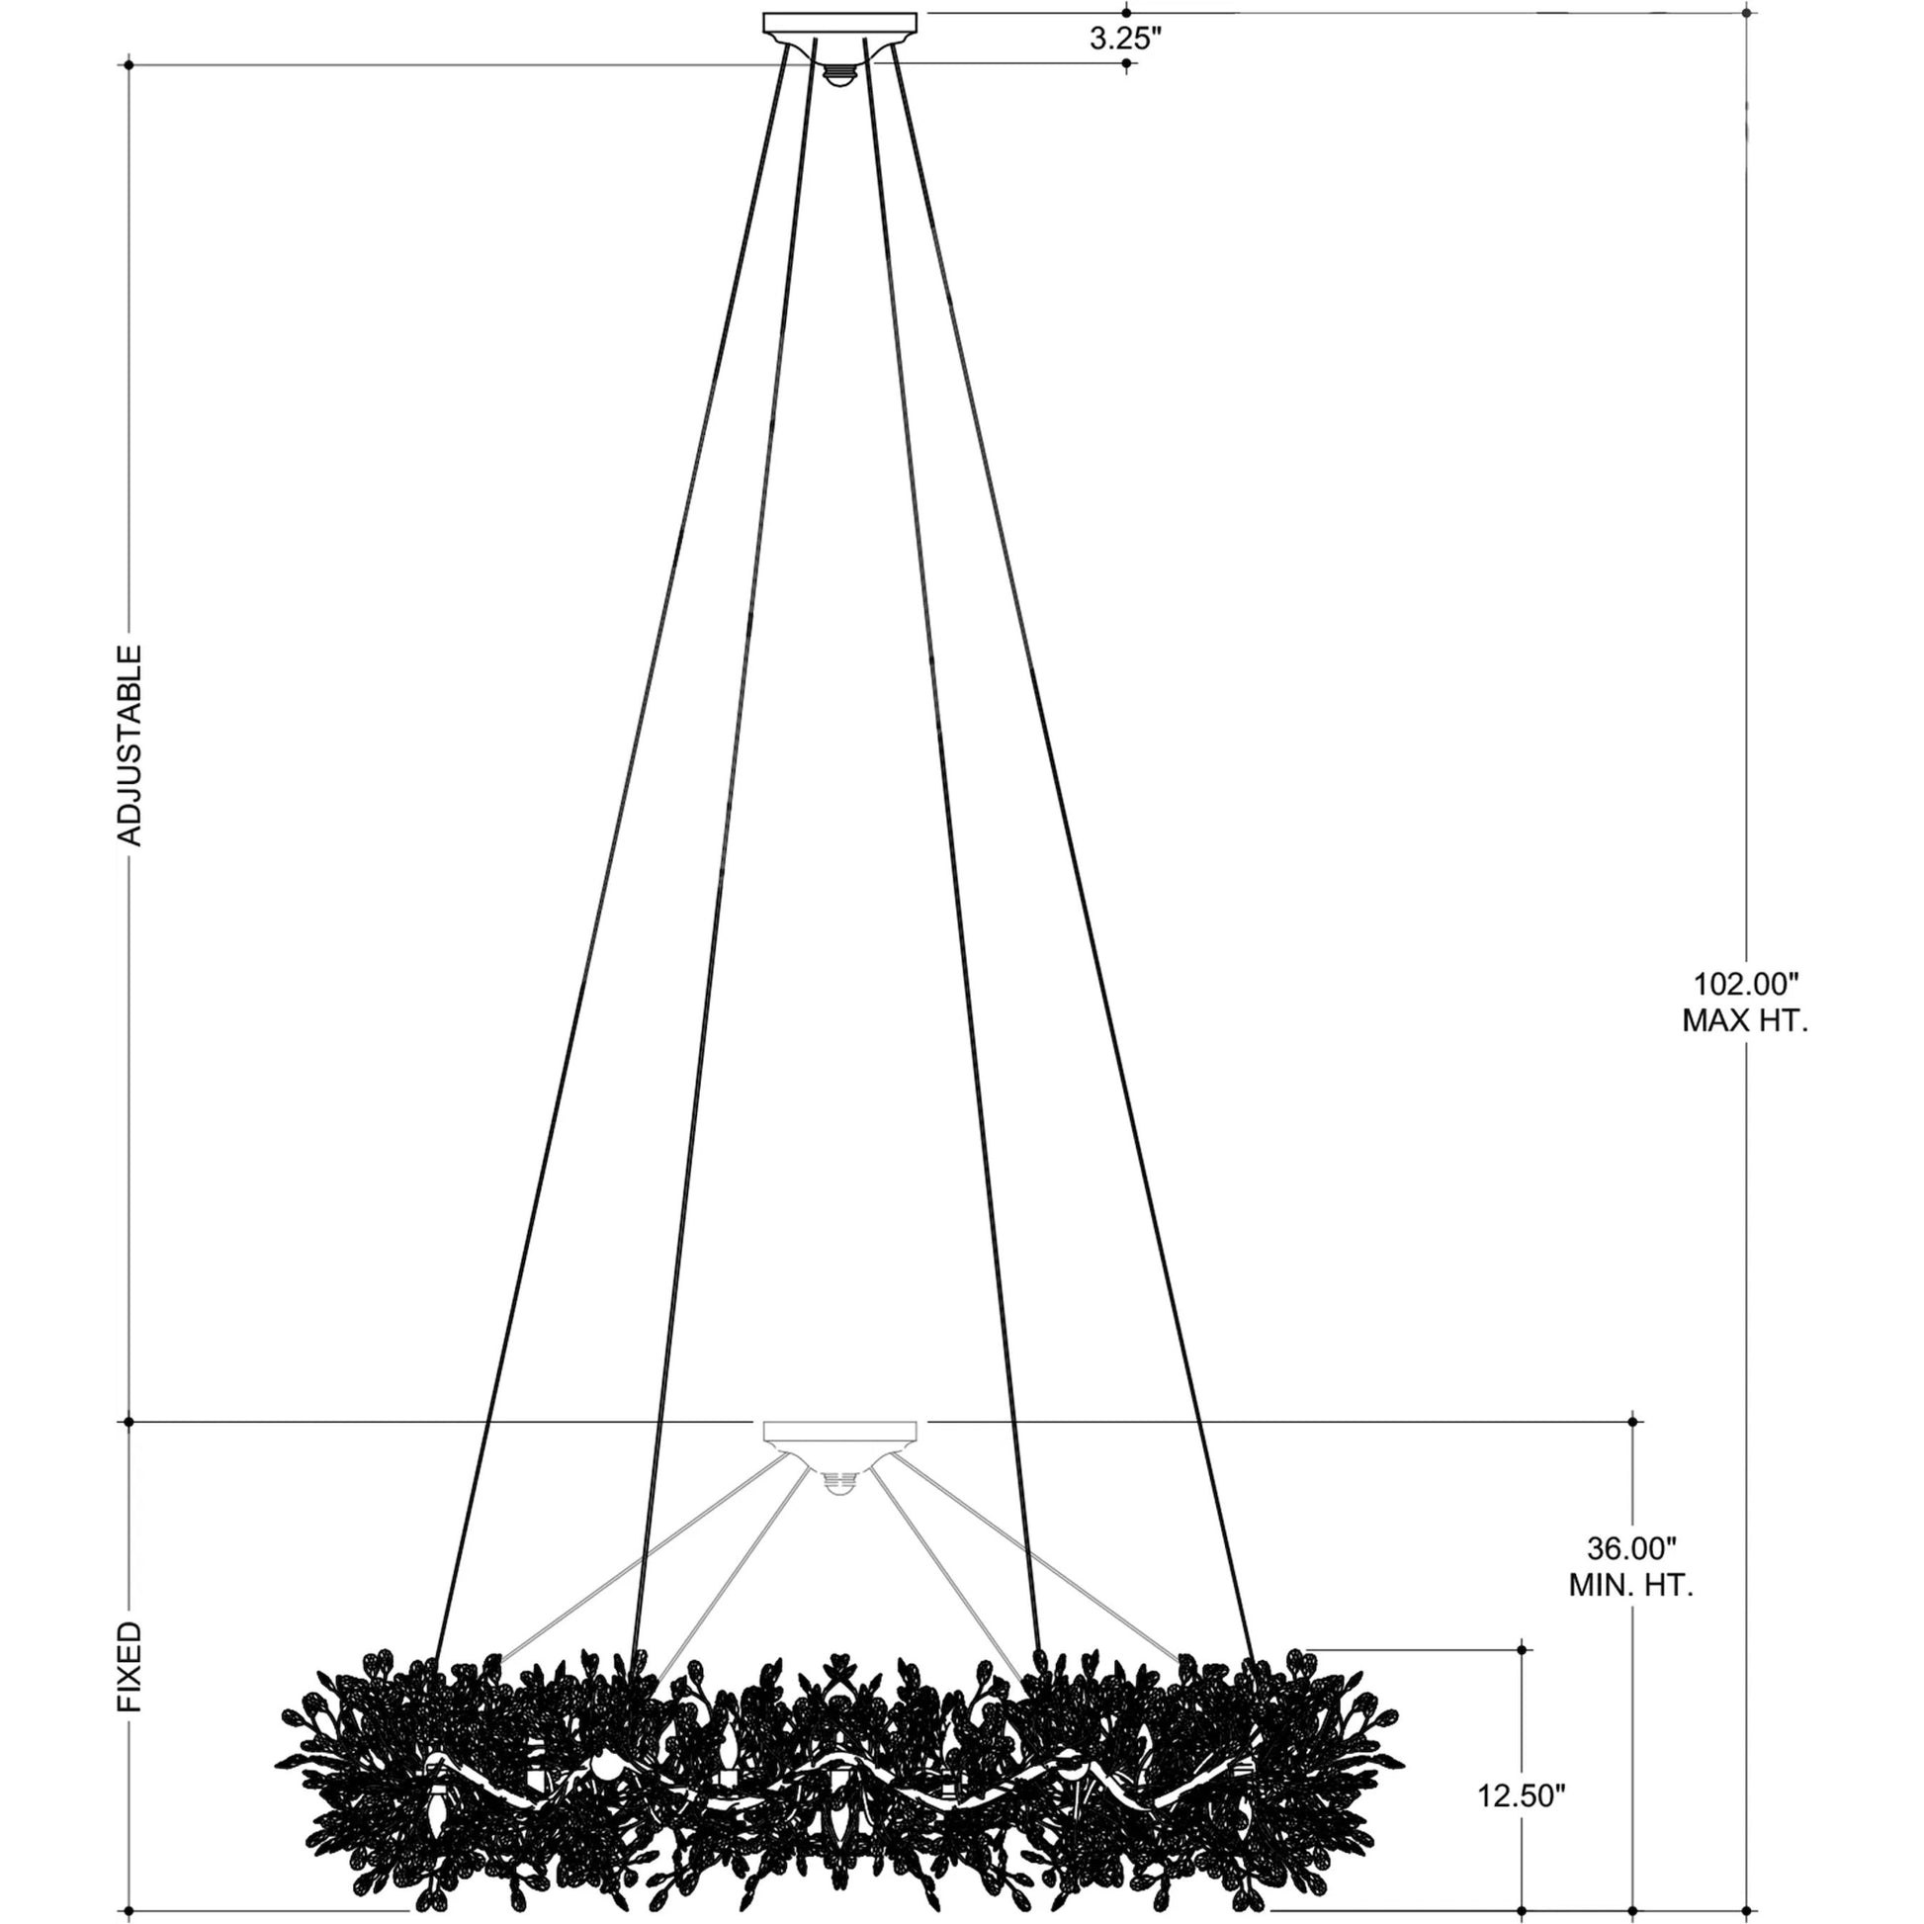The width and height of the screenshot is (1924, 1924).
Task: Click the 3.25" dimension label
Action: coord(1125,39)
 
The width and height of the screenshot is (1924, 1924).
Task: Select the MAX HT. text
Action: coord(1745,1020)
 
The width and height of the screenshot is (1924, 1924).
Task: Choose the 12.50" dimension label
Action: coord(1521,1795)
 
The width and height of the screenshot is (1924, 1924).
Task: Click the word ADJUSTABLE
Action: coord(131,744)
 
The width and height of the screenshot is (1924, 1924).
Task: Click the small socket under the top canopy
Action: coord(839,76)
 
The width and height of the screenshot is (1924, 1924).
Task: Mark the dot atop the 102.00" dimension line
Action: coord(1747,13)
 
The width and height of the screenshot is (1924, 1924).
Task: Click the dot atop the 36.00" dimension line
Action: coord(1632,1422)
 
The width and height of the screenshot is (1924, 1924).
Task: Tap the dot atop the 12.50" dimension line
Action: coord(1522,1650)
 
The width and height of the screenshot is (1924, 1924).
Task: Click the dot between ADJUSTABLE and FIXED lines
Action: coord(130,1422)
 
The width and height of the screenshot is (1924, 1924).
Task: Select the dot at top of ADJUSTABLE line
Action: coord(130,65)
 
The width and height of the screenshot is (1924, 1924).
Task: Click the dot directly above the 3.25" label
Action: coord(1126,13)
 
